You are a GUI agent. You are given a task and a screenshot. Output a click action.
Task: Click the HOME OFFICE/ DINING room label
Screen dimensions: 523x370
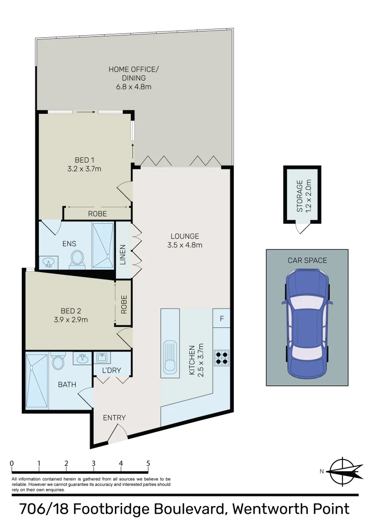133,73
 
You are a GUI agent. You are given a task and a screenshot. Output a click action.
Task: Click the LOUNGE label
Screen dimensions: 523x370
185,236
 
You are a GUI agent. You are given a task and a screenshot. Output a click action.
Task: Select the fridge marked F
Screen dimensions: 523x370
222,319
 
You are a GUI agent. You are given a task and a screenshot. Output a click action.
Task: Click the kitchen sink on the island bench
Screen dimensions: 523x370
170,357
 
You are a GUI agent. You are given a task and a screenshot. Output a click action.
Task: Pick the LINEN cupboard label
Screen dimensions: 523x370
123,255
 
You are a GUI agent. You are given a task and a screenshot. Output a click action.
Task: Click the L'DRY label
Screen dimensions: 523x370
112,371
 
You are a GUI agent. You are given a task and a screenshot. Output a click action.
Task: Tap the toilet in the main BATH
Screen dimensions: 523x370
58,362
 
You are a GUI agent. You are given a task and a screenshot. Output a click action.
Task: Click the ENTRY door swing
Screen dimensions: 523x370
118,433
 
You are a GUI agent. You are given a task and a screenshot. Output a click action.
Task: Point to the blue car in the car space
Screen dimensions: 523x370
307,323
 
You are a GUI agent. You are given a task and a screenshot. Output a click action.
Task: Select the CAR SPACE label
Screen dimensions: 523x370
307,260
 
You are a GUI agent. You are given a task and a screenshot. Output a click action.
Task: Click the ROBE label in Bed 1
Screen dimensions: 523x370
97,214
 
